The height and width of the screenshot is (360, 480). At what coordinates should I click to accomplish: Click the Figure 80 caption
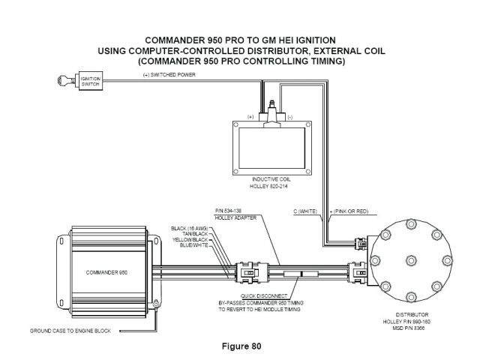(240, 346)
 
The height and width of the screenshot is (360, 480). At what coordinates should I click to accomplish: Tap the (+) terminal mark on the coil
(251, 118)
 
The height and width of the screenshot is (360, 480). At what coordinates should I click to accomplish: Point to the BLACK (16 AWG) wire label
(187, 228)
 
